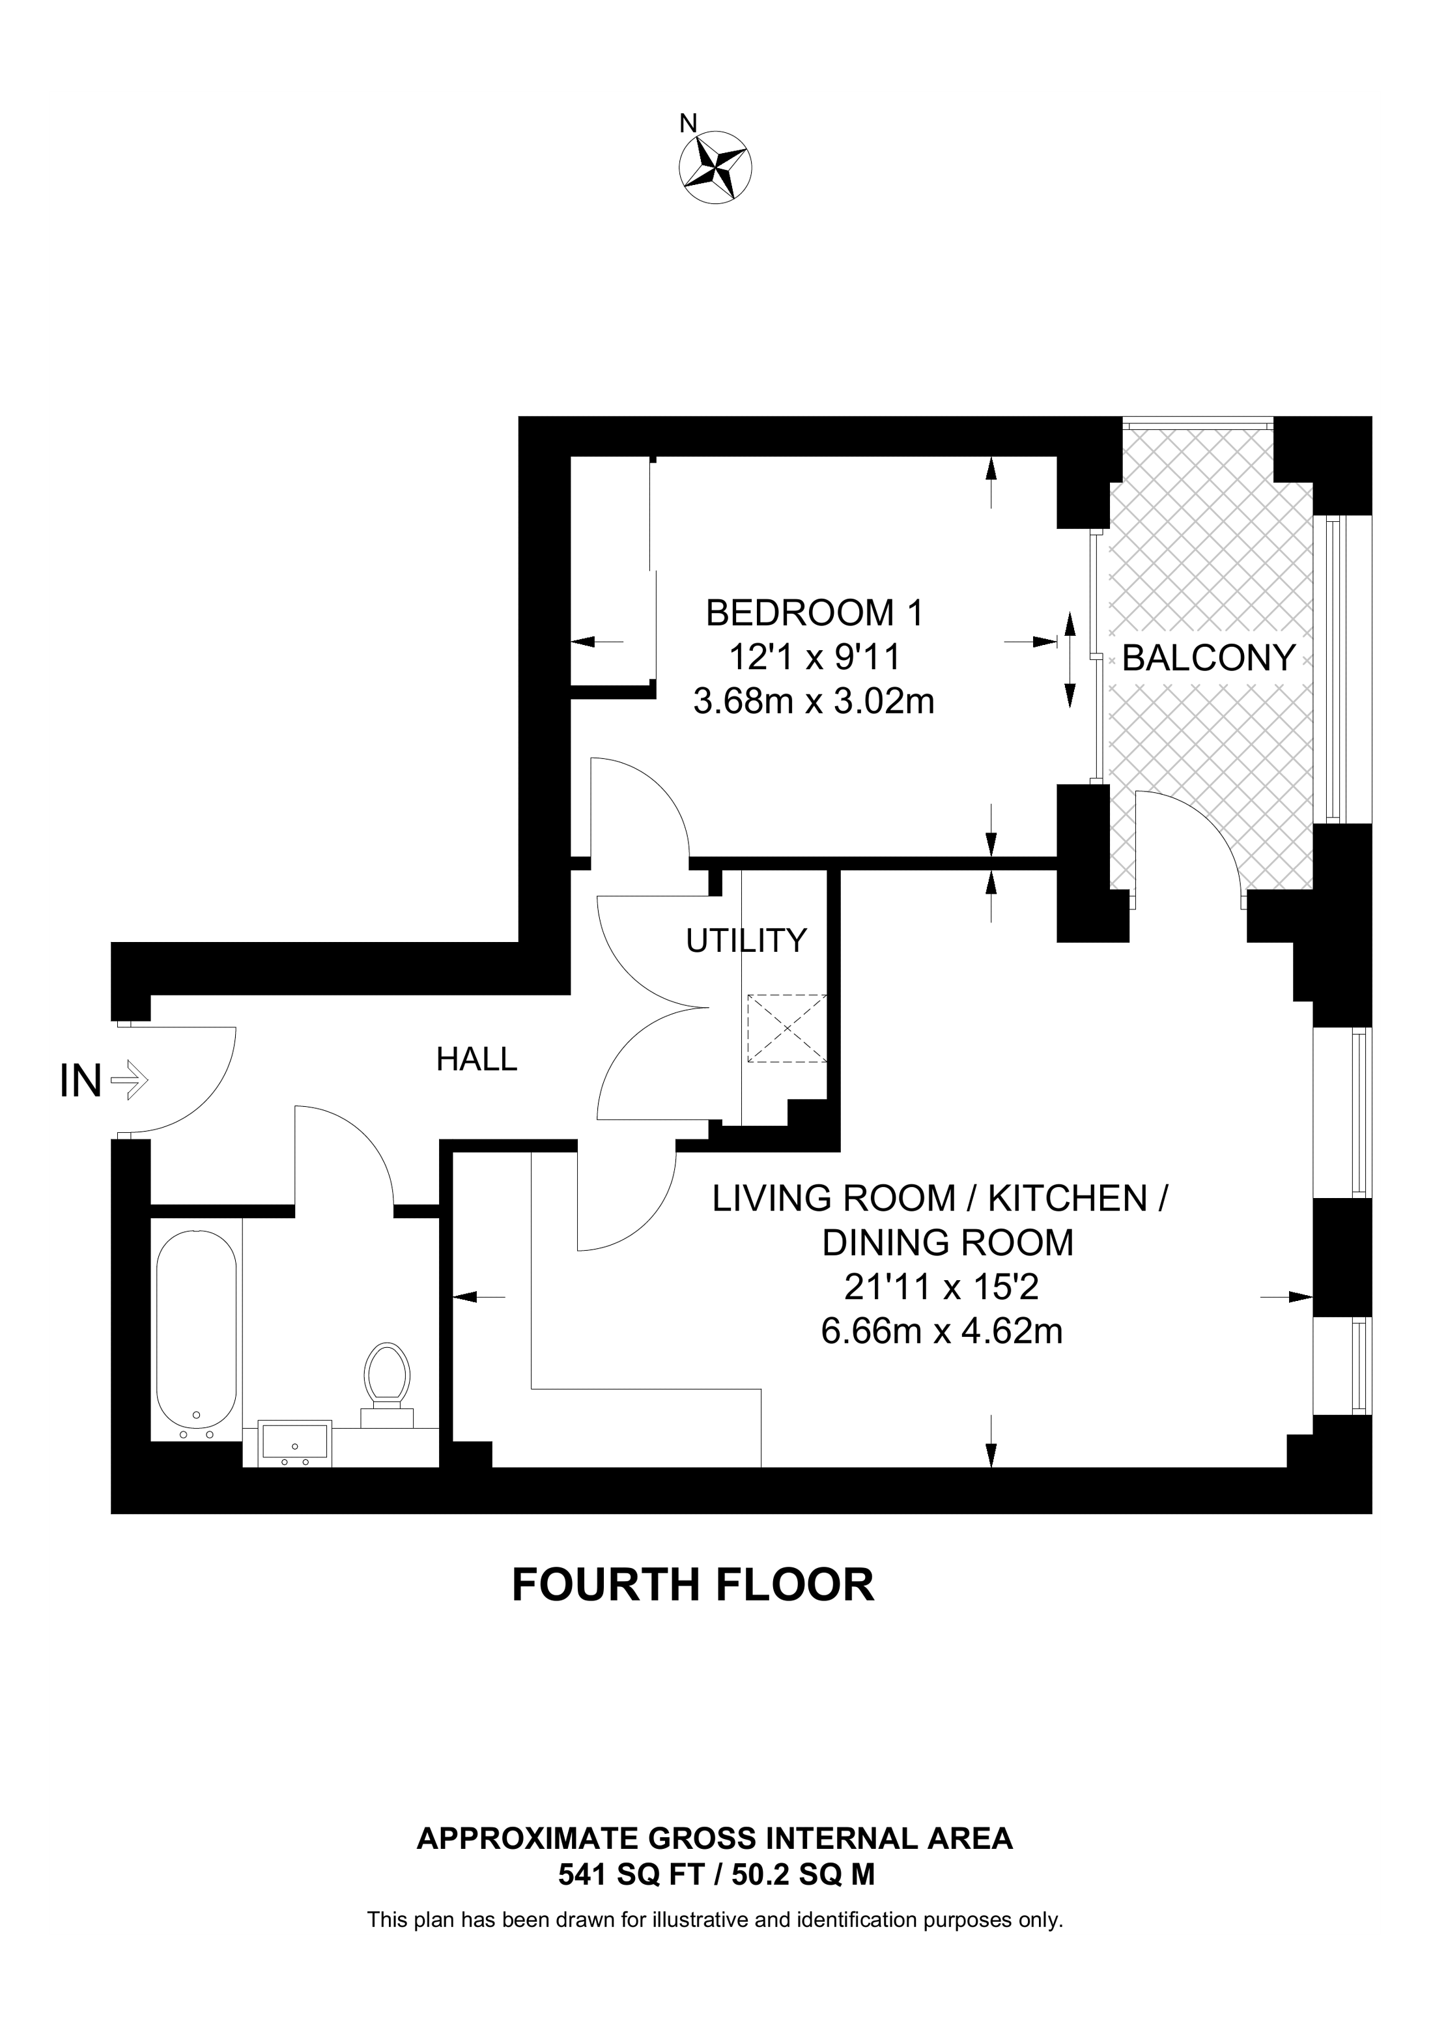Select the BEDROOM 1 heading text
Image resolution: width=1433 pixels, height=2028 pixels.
[814, 612]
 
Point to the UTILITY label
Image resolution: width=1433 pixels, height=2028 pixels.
[746, 941]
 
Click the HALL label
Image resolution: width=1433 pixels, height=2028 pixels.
[476, 1059]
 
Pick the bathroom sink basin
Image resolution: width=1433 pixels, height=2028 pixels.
[295, 1445]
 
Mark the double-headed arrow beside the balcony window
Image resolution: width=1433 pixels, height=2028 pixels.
[1070, 660]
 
